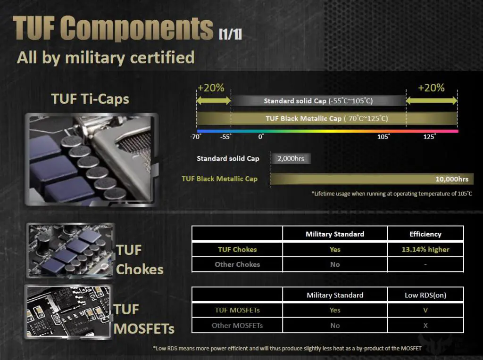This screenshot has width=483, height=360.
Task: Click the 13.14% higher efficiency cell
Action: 425,249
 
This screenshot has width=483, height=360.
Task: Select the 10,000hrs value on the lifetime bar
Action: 452,179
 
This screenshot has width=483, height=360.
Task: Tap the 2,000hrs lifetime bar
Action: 291,158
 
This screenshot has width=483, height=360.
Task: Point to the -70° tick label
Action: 195,136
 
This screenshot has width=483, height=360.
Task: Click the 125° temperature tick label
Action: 429,136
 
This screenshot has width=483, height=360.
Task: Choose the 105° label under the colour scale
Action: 383,136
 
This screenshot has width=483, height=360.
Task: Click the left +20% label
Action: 211,88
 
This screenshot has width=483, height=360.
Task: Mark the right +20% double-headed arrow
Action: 431,100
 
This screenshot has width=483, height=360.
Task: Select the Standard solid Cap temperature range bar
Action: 318,101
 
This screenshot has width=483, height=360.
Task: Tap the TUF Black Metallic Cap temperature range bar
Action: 327,118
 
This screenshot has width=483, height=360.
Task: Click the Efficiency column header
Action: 425,234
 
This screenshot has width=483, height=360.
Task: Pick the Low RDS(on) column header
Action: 425,295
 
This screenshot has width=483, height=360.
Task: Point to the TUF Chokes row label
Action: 237,249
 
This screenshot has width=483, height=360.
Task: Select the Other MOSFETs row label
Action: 237,325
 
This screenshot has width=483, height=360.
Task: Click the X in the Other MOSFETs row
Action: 425,325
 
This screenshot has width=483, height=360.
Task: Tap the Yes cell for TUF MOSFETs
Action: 335,310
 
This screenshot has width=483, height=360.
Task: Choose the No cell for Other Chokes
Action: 335,264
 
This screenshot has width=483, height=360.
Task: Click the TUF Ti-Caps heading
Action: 90,99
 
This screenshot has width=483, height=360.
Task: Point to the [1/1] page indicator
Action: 230,34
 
